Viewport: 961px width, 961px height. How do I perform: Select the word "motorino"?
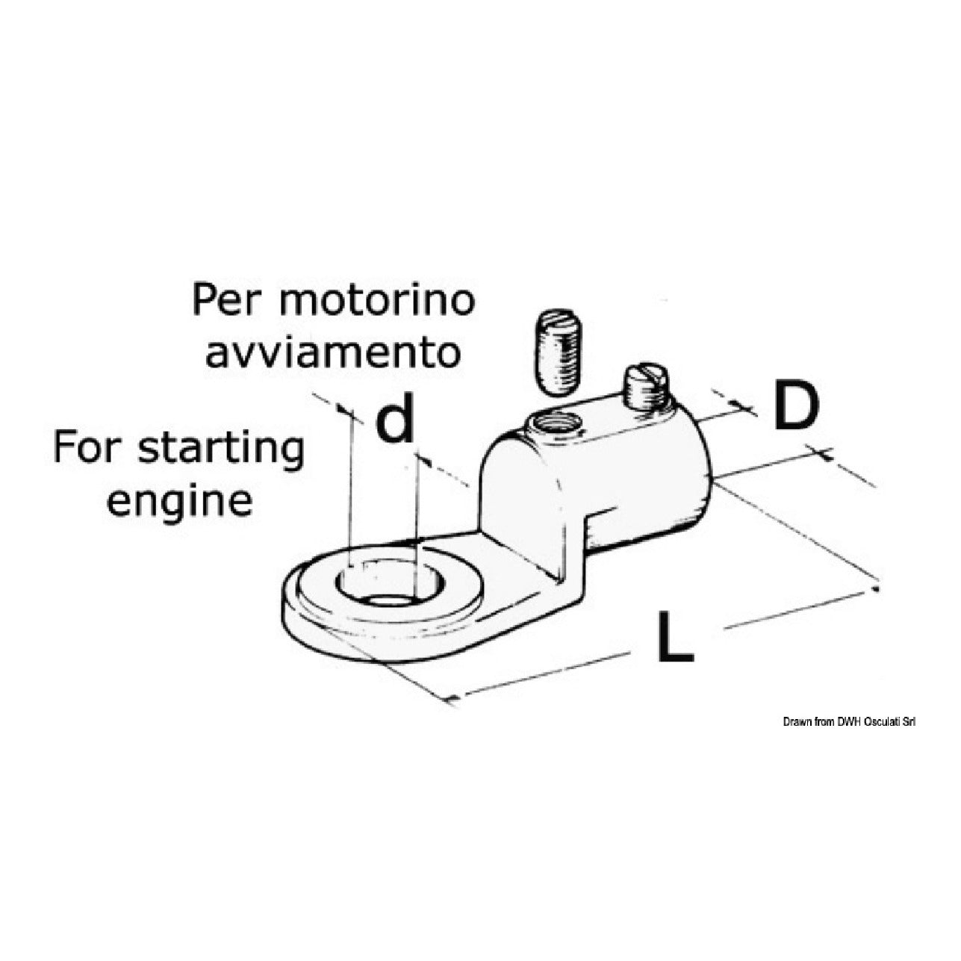[x=376, y=300]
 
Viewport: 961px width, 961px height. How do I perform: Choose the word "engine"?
[x=179, y=503]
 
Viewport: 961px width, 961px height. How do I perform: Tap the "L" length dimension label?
[x=675, y=636]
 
